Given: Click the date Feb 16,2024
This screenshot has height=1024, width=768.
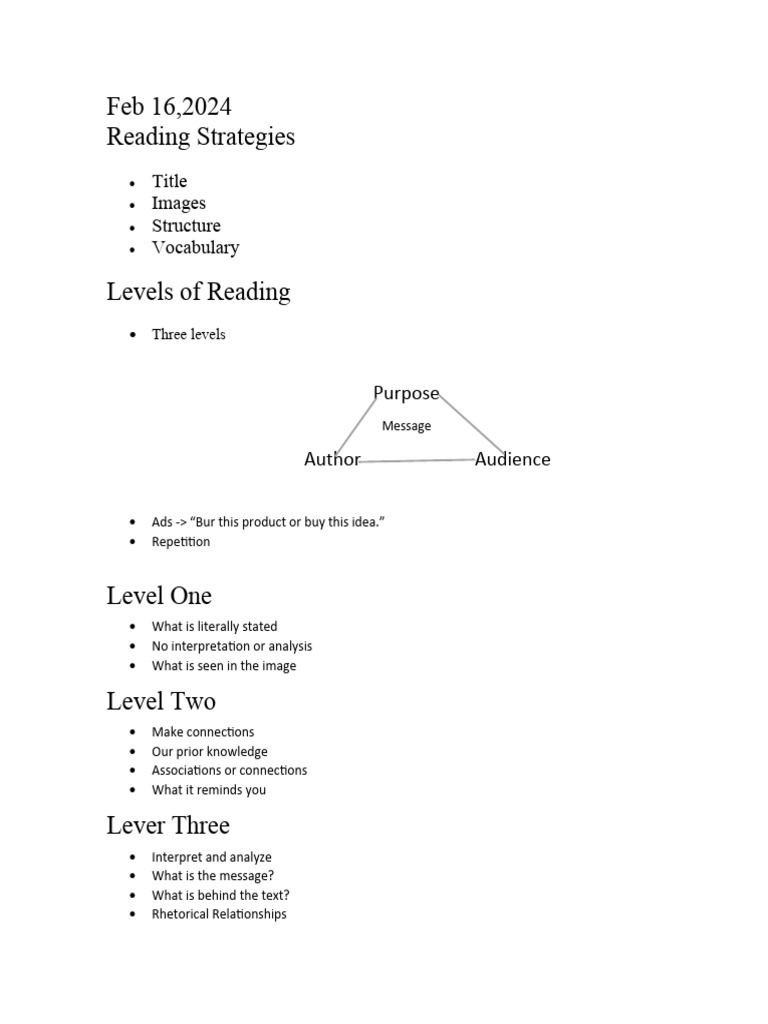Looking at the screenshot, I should (x=169, y=107).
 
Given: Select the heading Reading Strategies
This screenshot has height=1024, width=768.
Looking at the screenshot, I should (x=200, y=137).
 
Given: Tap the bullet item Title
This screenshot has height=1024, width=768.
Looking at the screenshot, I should (x=169, y=181).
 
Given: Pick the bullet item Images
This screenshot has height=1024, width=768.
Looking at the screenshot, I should (x=178, y=203).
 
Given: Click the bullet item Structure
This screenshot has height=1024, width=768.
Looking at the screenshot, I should (x=186, y=226).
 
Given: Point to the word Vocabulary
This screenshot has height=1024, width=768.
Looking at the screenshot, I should (x=195, y=248).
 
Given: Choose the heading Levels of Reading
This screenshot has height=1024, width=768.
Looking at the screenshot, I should (x=198, y=292).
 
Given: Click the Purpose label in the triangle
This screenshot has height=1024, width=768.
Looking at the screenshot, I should (x=406, y=393).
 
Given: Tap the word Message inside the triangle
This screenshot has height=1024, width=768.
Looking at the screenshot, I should (x=406, y=426).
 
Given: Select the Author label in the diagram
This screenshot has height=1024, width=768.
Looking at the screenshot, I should (x=332, y=459).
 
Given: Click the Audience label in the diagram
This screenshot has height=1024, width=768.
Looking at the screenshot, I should (x=512, y=459).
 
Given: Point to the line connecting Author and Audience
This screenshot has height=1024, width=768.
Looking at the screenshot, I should (x=418, y=461).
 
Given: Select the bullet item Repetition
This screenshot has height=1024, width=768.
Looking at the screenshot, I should (x=181, y=542).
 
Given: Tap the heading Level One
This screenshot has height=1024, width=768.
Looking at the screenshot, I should (x=159, y=596).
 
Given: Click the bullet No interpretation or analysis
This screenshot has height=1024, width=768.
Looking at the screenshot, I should (x=232, y=646).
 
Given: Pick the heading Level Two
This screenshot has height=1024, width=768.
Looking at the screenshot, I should (x=161, y=701).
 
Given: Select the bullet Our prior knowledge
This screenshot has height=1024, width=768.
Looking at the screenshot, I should (x=209, y=751).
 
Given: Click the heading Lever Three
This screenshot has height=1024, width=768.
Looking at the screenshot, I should (x=168, y=825).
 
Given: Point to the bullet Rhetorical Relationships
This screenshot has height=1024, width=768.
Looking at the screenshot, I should (x=219, y=914).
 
